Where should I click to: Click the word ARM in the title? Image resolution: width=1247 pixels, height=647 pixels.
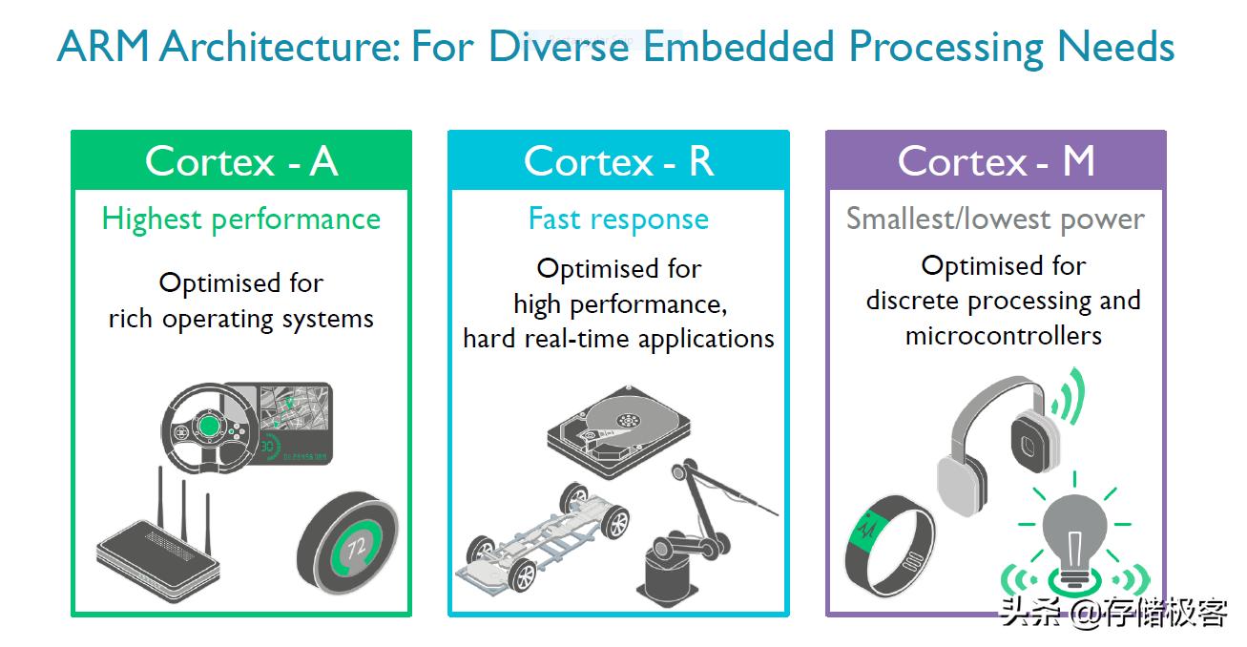(x=103, y=47)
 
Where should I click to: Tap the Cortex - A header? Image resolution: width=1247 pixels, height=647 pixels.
(x=241, y=161)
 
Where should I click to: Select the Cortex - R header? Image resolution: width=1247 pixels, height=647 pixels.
(x=618, y=161)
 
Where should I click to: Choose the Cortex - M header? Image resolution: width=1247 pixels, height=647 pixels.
(x=995, y=161)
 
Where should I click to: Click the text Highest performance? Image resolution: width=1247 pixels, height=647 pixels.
(x=241, y=219)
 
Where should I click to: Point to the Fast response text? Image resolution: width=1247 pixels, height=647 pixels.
(x=618, y=219)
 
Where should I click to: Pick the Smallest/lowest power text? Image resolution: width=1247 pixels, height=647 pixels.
(x=995, y=219)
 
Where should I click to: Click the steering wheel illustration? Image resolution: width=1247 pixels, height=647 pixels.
(x=208, y=425)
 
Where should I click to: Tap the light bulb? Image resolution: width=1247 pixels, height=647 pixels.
(x=1075, y=534)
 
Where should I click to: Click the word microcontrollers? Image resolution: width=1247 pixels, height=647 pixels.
(x=1003, y=336)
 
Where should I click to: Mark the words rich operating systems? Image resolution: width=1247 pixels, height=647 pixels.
(x=241, y=319)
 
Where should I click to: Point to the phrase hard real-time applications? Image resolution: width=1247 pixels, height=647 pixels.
(x=618, y=339)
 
